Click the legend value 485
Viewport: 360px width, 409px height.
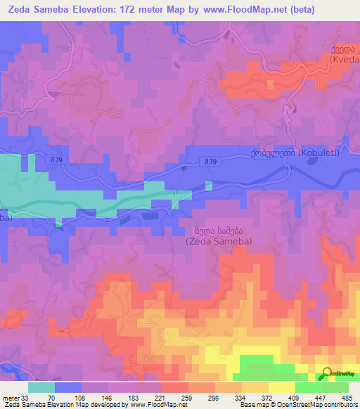(347, 398)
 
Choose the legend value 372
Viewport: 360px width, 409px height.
(267, 398)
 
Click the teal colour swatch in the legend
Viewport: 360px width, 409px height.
(41, 387)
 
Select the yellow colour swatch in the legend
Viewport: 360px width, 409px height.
(282, 387)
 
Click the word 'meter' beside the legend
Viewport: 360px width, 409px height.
(11, 398)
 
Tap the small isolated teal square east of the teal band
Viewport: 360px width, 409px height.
(209, 186)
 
